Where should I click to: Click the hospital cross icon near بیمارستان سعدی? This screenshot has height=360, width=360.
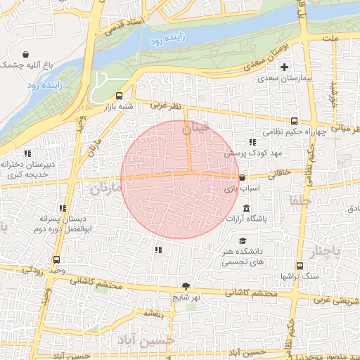point(285,67)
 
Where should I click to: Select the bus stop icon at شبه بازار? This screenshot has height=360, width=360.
point(119,96)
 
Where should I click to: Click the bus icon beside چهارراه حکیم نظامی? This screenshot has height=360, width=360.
point(293,120)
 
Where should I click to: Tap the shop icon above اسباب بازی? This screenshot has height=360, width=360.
point(242,178)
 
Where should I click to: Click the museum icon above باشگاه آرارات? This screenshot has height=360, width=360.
point(246,209)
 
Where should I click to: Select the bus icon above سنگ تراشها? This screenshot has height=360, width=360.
point(300,266)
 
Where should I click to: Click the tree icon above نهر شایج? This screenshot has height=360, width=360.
point(186,285)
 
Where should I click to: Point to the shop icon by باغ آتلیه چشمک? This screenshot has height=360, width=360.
point(26,54)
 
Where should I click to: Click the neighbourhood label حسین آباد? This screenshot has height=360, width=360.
point(145,342)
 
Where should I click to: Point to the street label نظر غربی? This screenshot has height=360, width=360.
point(167,105)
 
